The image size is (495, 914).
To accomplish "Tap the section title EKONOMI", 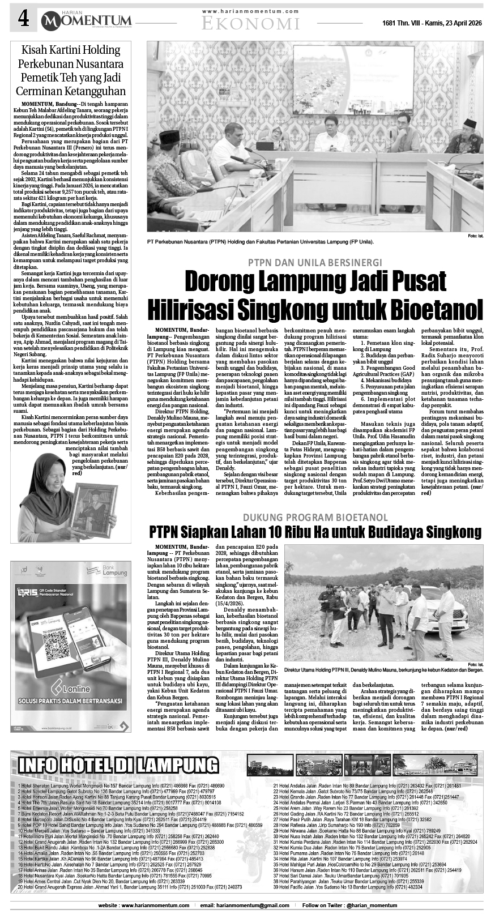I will [x=250, y=23].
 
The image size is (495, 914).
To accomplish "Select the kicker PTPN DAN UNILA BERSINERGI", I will [x=314, y=262].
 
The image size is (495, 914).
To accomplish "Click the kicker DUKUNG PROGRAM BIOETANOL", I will [x=315, y=518].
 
